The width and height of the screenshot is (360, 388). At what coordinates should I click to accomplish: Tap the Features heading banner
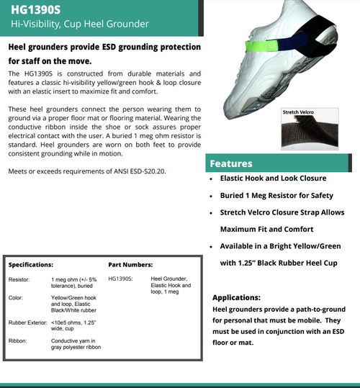(x=230, y=163)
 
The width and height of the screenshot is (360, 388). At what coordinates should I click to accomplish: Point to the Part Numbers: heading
(x=130, y=265)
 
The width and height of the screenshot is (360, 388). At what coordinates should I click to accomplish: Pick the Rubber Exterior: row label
(x=27, y=322)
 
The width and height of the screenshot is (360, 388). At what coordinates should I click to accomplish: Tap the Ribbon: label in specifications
(x=18, y=340)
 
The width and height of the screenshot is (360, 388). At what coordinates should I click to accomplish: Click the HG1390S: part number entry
(x=122, y=279)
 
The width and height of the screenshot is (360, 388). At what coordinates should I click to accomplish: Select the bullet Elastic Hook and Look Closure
(x=274, y=178)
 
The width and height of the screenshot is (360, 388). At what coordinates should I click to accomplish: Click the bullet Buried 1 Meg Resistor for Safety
(x=277, y=195)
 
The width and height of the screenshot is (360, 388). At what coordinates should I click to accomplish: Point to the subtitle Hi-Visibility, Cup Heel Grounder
(x=80, y=24)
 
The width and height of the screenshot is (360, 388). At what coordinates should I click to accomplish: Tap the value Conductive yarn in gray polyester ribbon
(x=76, y=344)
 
